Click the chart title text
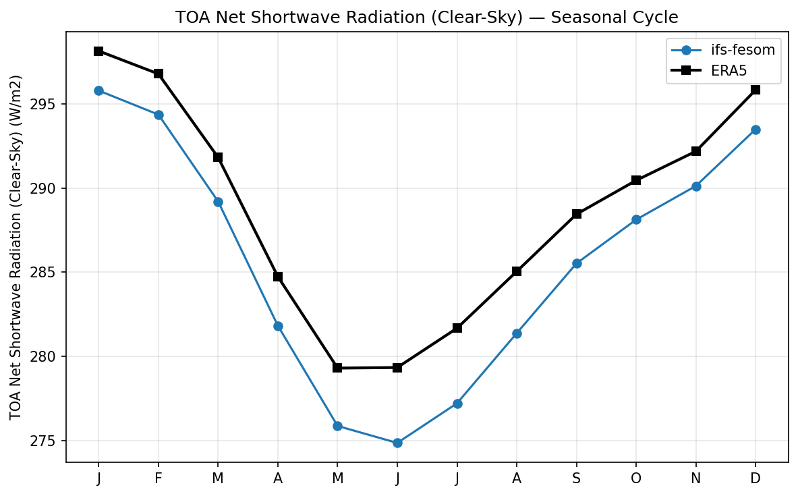(426, 18)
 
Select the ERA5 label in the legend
(733, 70)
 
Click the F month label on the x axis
(159, 478)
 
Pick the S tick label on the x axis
(576, 478)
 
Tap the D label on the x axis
(756, 478)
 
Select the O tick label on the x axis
(636, 478)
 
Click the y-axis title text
(18, 247)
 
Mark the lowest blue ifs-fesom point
(397, 443)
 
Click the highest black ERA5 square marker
(98, 51)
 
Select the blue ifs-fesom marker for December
(756, 130)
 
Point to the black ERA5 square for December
(756, 89)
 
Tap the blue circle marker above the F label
(159, 115)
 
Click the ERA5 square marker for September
(576, 214)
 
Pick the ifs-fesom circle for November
(696, 186)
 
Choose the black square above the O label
(636, 180)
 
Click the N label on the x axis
(696, 478)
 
